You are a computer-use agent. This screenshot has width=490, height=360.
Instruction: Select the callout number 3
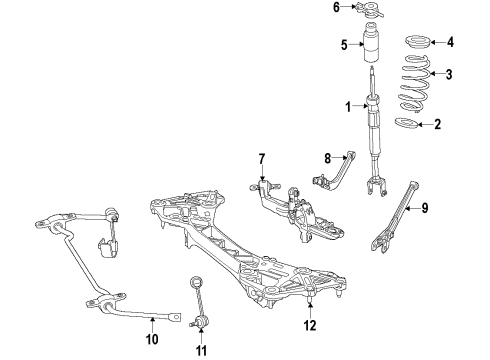[449, 73]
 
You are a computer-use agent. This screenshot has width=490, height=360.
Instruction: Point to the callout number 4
[449, 42]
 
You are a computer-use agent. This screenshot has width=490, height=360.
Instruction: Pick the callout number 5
[343, 45]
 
